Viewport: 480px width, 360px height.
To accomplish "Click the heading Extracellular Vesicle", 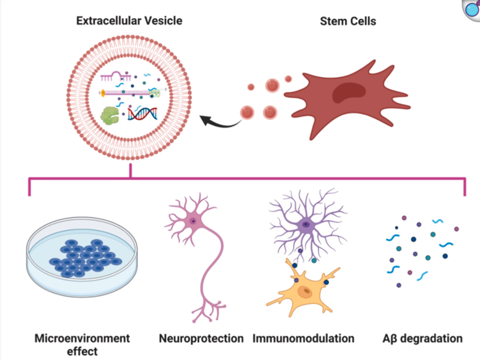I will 129,21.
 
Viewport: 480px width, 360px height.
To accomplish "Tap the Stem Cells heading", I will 348,21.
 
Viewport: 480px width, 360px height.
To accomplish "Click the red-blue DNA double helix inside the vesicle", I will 142,113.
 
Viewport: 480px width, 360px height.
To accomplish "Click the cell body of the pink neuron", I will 192,221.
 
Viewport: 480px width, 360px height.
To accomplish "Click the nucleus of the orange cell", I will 303,291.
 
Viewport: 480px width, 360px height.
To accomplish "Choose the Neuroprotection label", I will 201,338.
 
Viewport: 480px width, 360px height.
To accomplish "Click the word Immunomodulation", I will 303,338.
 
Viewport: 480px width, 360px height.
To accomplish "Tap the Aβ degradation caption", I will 422,338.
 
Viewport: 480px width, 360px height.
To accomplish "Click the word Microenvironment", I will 82,338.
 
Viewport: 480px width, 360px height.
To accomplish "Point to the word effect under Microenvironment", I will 82,351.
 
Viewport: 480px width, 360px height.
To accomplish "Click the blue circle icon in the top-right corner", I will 471,9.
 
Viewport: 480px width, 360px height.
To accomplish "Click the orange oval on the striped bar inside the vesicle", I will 104,93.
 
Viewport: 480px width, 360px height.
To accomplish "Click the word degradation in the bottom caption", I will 430,338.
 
